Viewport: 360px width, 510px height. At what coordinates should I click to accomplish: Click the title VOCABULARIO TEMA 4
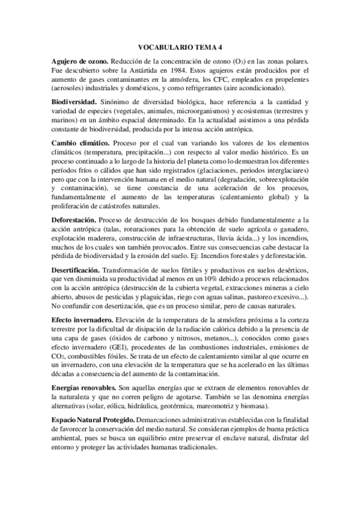180,46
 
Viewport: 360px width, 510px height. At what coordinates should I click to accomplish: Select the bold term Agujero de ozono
79,61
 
